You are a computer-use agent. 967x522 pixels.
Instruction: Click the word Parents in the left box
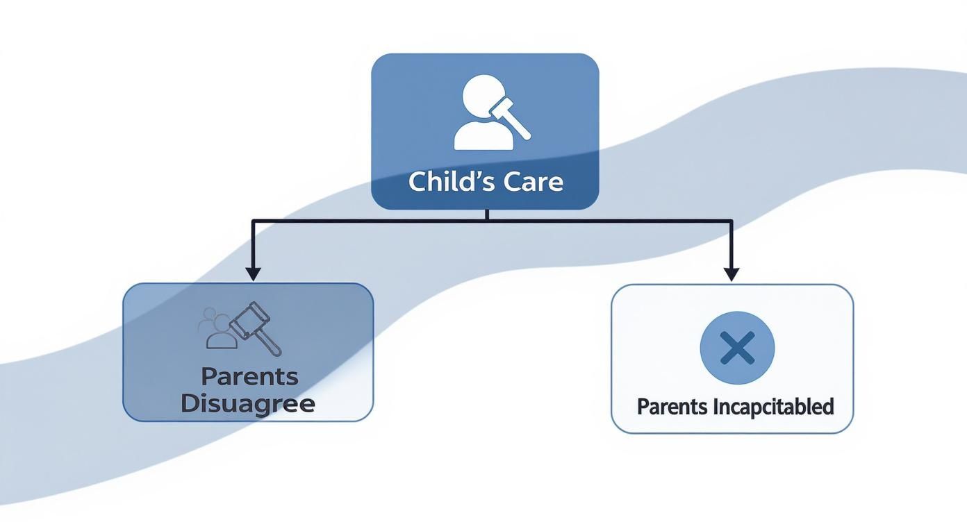pos(249,377)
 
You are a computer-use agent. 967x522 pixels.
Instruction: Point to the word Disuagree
pos(248,403)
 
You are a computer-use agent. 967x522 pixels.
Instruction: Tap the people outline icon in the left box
pos(215,328)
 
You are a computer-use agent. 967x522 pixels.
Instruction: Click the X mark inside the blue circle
pos(737,348)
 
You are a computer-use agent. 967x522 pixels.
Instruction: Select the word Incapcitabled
pos(773,407)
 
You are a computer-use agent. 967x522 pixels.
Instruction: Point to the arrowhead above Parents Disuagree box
pos(253,273)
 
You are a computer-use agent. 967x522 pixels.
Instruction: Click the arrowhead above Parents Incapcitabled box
pos(731,273)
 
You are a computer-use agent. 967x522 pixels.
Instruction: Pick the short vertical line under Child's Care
pos(487,214)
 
